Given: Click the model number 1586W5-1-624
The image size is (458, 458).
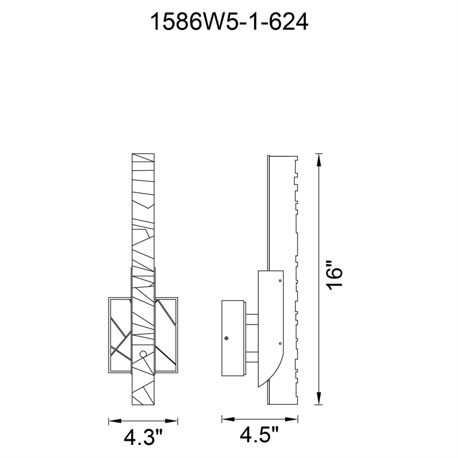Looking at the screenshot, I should point(229,22).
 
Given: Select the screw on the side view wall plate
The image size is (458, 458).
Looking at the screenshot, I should point(227,338).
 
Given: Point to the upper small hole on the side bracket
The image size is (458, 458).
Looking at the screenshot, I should point(279,281).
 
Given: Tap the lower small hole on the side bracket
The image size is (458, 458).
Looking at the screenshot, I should point(279,343).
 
